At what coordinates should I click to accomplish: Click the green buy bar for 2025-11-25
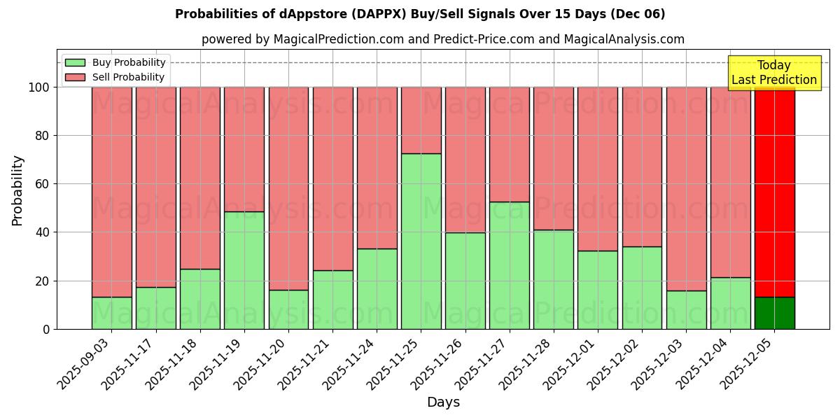point(421,241)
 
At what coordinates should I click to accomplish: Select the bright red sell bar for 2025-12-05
point(774,192)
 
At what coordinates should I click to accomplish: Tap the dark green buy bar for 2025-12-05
point(774,313)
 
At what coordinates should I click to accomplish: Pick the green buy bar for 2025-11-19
point(244,270)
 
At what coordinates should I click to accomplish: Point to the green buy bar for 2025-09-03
point(112,313)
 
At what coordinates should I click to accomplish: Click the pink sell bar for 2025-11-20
point(288,188)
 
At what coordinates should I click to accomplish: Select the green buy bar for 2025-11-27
point(510,265)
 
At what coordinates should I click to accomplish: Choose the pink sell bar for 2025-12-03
point(686,188)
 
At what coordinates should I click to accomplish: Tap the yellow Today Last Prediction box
point(774,73)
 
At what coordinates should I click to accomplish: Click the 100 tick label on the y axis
point(38,87)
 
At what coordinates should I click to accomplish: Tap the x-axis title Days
point(443,402)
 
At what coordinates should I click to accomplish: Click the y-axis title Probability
point(17,190)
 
